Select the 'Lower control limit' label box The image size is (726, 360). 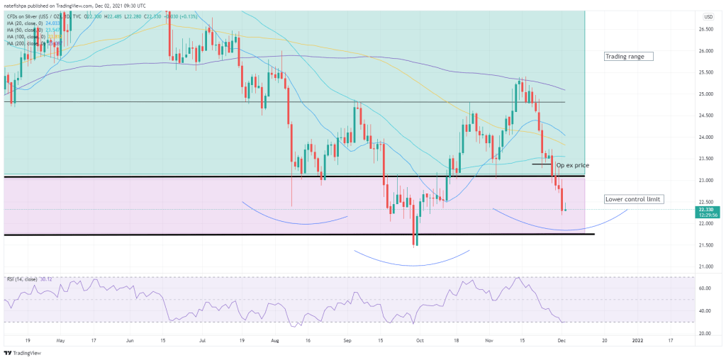(633, 199)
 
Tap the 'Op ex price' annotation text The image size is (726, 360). (573, 165)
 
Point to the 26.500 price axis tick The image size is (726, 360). (706, 29)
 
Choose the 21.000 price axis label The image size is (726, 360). (706, 266)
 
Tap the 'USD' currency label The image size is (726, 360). (708, 16)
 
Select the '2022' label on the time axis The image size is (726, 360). (635, 340)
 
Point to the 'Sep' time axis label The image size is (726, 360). (347, 340)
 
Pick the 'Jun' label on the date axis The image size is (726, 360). (130, 340)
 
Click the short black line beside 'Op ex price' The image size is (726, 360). (542, 164)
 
